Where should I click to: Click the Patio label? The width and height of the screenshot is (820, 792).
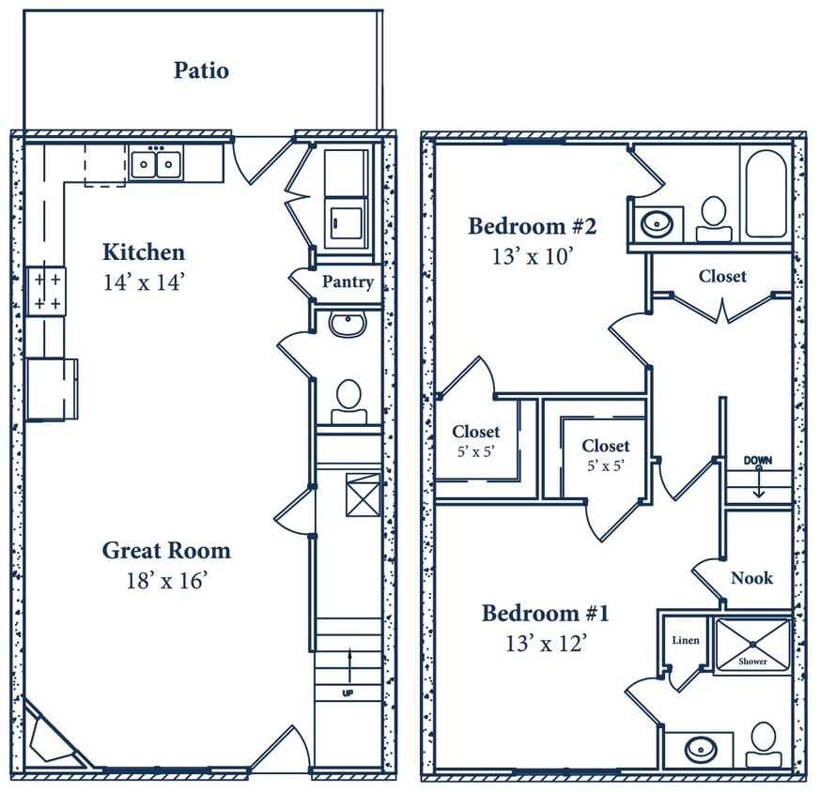click(x=201, y=70)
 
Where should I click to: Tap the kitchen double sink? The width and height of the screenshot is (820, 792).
click(x=156, y=165)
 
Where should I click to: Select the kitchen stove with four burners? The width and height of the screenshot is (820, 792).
click(x=45, y=291)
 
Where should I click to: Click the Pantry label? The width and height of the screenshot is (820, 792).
click(x=348, y=282)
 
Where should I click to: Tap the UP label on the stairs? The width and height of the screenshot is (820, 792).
click(x=348, y=693)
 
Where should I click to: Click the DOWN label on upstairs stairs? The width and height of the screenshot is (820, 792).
click(x=758, y=461)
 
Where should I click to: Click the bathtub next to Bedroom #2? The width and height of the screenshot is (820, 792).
click(x=766, y=193)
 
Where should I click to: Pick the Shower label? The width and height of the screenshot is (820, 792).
click(x=752, y=662)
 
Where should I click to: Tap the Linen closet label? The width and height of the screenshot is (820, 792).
click(x=685, y=640)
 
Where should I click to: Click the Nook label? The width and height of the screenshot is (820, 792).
click(x=751, y=578)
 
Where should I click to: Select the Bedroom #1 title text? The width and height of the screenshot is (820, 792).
click(x=546, y=614)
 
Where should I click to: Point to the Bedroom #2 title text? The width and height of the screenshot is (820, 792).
click(x=533, y=226)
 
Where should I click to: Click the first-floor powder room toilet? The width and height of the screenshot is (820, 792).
click(x=349, y=397)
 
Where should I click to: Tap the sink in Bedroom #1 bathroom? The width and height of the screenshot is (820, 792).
click(x=699, y=750)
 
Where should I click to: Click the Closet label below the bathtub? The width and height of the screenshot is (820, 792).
click(x=722, y=276)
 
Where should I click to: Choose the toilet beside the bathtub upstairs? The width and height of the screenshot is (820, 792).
click(x=715, y=216)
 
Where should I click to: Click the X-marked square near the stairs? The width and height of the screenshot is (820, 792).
click(x=363, y=495)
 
